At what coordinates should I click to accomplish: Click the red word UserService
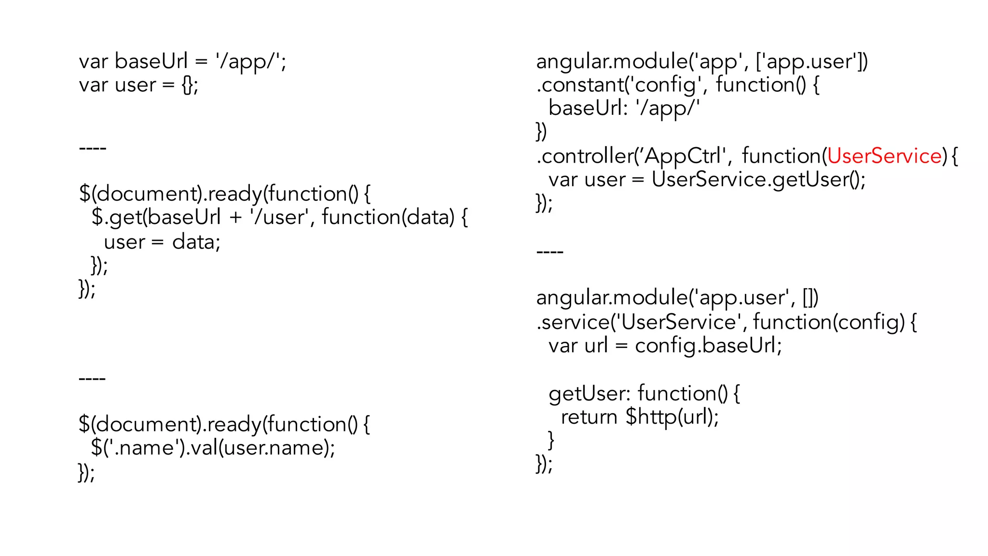click(x=884, y=156)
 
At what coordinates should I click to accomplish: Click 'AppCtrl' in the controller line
click(x=683, y=156)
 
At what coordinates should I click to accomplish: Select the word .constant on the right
click(x=579, y=85)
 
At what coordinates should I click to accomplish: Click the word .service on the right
click(x=572, y=322)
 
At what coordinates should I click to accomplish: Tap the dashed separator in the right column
click(x=550, y=251)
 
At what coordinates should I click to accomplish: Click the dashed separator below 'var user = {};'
click(x=92, y=147)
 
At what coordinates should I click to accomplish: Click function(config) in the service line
click(x=828, y=322)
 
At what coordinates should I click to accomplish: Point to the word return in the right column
click(x=589, y=417)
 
